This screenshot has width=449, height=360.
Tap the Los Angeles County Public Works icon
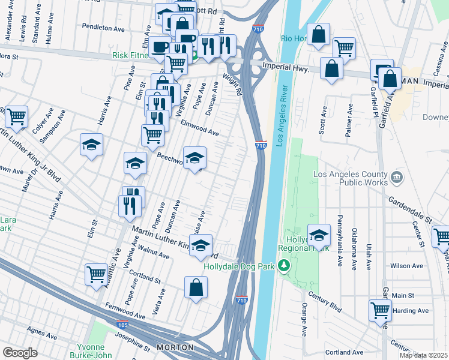coord(397,178)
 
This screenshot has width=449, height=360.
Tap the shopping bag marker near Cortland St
coord(196,288)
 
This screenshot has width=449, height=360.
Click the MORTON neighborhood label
coord(175,347)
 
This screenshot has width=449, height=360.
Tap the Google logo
coord(20,353)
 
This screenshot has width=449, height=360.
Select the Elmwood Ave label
coord(199,128)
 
